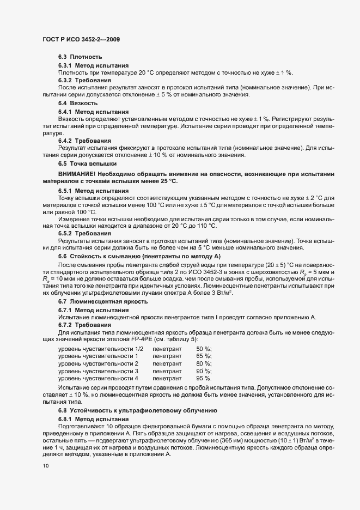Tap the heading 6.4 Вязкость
78,103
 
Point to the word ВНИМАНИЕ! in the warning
75,174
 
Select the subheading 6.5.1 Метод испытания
93,191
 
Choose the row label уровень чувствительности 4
99,378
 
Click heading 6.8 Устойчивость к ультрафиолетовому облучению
138,410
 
